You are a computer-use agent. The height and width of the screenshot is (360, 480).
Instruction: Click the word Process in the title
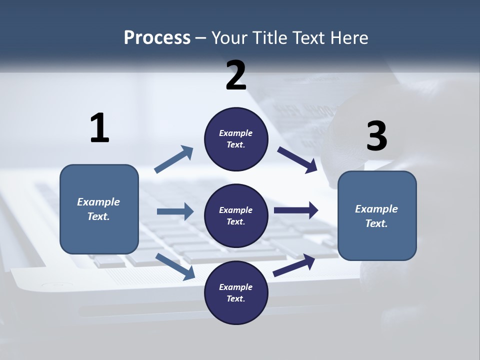157,38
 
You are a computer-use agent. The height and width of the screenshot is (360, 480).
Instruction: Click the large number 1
100,127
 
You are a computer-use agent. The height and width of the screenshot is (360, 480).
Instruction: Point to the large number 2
236,75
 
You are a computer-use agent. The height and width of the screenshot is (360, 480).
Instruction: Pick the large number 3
376,135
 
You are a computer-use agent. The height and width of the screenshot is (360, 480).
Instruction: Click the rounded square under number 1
99,209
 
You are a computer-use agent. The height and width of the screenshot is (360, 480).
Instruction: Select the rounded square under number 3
377,216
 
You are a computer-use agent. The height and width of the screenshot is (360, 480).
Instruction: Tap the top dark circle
236,139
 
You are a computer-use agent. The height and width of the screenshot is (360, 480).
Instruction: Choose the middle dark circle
236,216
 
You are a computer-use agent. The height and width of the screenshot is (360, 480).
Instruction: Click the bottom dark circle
236,292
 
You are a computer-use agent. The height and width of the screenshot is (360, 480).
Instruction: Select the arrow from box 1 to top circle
174,159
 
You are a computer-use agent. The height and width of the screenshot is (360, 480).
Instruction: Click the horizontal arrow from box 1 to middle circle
175,211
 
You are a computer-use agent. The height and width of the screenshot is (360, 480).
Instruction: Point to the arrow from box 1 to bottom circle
175,266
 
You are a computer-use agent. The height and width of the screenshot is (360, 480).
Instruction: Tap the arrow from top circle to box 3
297,160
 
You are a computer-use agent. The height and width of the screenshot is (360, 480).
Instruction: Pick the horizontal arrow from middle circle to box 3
296,210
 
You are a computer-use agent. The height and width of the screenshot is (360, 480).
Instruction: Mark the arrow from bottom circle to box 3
294,265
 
